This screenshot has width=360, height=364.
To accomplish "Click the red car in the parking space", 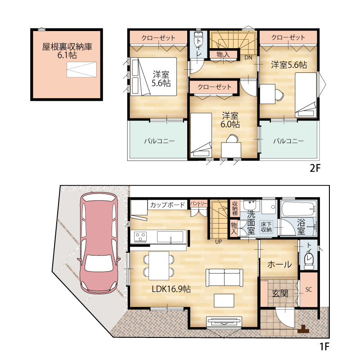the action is tap(99, 243).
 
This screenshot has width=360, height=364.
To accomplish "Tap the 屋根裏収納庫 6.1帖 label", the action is tap(67, 51).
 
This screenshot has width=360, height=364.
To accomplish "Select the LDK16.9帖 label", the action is tap(171, 289).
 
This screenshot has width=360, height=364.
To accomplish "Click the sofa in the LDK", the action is tap(224, 278).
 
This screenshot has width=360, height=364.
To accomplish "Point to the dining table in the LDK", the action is tap(159, 265).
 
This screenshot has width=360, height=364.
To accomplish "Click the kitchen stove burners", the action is tap(140, 237).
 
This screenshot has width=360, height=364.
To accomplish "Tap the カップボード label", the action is tap(167, 205).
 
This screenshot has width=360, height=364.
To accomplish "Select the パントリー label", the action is tap(198, 203).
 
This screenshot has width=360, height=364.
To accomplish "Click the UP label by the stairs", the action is tap(218, 242).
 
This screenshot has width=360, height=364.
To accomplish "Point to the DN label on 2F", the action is tap(248, 57).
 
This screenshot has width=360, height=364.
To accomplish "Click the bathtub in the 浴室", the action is tap(298, 208).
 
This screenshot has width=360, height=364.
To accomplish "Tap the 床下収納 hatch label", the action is tap(266, 227).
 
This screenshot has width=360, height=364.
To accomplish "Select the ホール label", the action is tap(279, 265).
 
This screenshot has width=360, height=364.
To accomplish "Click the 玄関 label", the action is tap(280, 294).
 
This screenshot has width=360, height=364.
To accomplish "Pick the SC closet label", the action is tap(308, 289).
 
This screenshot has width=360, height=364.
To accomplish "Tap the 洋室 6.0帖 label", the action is tap(230, 120).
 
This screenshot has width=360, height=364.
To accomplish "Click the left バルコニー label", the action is tap(159, 141).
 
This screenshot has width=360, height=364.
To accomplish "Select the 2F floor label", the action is tap(315, 168).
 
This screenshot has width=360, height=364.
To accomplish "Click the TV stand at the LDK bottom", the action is tap(224, 322).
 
